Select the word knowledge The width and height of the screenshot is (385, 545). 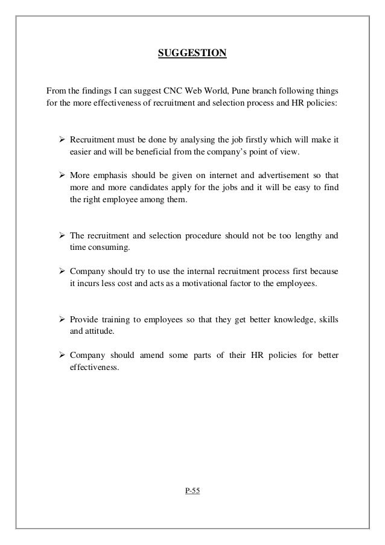point(283,319)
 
